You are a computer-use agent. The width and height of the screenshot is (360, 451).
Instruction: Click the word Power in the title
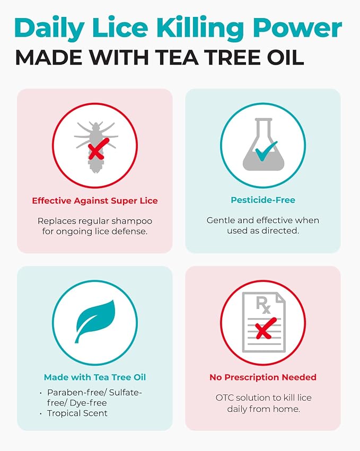297,28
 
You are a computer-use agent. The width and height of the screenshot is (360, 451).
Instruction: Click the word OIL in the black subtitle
285,57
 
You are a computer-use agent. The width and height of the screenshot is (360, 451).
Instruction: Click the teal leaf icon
95,321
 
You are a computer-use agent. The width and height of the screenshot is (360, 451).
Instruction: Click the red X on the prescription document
266,328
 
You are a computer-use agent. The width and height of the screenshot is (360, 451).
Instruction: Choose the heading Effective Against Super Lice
95,201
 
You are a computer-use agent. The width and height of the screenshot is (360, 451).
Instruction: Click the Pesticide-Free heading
263,200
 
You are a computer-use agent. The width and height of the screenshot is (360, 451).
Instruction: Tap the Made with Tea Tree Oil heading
95,377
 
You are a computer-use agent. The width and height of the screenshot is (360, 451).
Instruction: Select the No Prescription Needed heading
263,377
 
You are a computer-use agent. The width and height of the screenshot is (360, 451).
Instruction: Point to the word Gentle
221,220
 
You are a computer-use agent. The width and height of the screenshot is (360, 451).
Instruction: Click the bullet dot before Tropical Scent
41,413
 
